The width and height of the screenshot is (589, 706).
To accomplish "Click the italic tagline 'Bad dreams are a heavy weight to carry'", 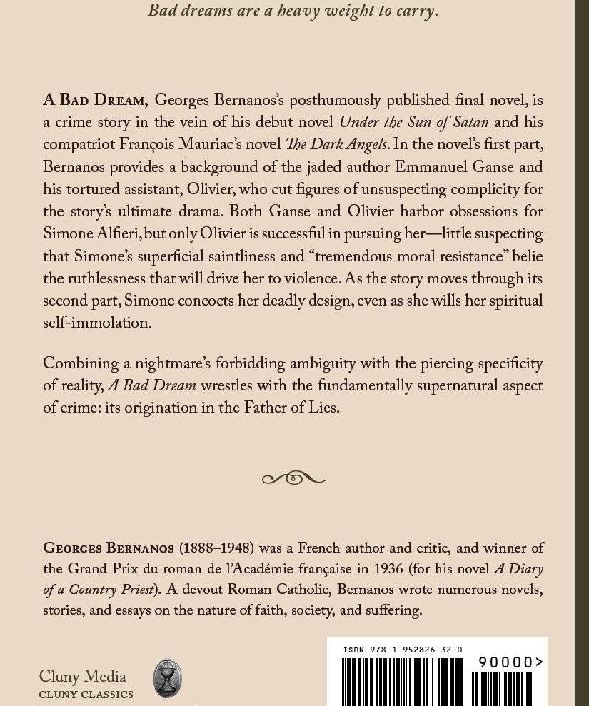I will [293, 11].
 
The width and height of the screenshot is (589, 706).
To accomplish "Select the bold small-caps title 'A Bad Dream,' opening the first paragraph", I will [96, 101].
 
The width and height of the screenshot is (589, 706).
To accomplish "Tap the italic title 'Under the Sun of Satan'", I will [413, 123].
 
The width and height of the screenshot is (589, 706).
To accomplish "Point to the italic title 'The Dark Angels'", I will [336, 145].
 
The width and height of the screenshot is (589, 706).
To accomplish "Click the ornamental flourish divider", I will [293, 478].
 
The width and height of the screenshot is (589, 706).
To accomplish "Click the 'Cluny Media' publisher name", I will [82, 677].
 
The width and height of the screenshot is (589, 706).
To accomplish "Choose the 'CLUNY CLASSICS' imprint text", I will [86, 695].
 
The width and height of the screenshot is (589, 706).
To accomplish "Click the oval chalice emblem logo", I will [168, 678].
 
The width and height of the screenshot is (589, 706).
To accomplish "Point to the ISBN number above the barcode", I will [402, 650].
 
